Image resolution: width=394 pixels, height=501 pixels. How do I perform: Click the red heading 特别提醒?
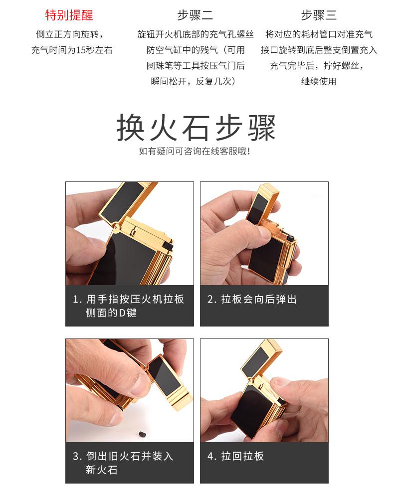tap(69, 15)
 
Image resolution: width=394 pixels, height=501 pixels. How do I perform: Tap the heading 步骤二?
tap(195, 15)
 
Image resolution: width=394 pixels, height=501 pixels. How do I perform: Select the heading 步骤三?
tap(319, 15)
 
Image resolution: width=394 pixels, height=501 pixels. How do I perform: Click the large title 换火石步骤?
tap(196, 128)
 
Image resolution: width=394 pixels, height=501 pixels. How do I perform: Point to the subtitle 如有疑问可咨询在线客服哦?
tap(195, 151)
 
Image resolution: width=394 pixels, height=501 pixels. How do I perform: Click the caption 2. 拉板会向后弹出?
tap(252, 299)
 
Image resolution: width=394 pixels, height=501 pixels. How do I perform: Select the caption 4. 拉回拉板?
tap(235, 456)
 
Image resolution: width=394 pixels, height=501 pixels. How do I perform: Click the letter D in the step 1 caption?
tap(122, 313)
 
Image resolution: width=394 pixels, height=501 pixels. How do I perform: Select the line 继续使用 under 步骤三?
tap(319, 81)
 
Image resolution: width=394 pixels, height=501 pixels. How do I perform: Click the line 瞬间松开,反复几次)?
tap(194, 81)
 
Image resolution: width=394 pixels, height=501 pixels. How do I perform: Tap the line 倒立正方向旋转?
tap(69, 34)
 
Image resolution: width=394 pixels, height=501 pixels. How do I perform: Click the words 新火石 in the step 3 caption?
tap(102, 470)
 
